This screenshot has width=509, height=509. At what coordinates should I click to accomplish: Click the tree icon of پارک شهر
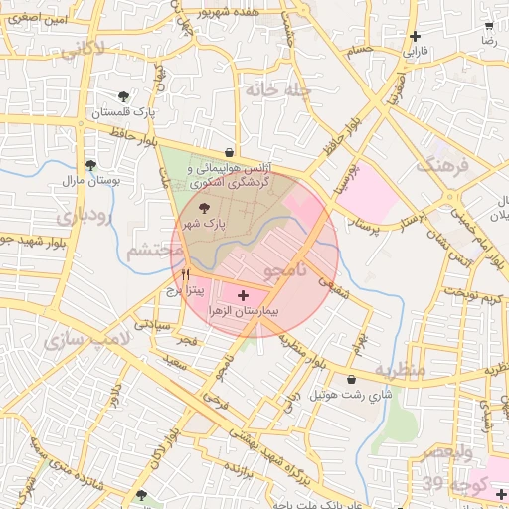[205, 209]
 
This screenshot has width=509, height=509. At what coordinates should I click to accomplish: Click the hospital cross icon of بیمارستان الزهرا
[244, 296]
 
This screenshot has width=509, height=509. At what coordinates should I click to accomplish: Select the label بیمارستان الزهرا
[244, 311]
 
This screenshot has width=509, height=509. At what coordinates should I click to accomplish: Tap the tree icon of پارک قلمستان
[122, 96]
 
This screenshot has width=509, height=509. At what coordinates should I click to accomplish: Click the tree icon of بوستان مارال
[90, 166]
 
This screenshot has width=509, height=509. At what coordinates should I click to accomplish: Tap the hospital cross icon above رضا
[488, 28]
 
